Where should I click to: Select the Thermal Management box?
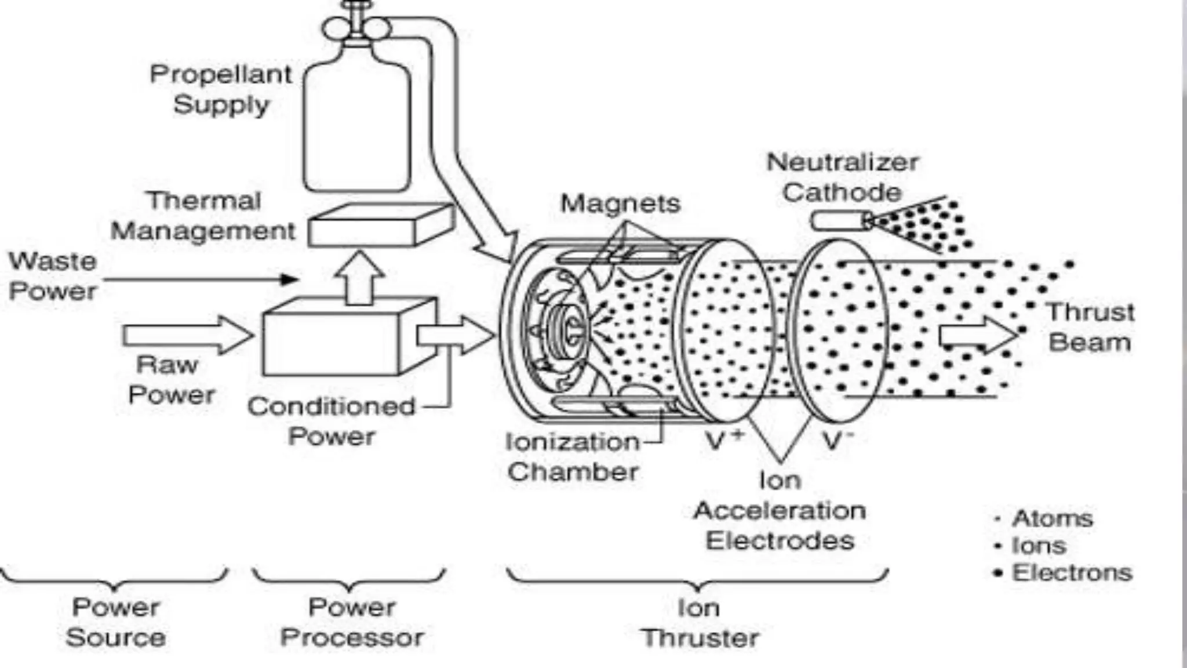(x=380, y=226)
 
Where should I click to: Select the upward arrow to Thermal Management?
(x=359, y=278)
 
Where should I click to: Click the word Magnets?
(x=620, y=204)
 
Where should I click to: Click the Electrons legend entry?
(x=1071, y=573)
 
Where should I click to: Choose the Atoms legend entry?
(x=1051, y=518)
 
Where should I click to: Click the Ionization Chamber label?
(x=573, y=457)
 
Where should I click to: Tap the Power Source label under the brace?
(x=116, y=623)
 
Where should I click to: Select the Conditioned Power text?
(x=332, y=422)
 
